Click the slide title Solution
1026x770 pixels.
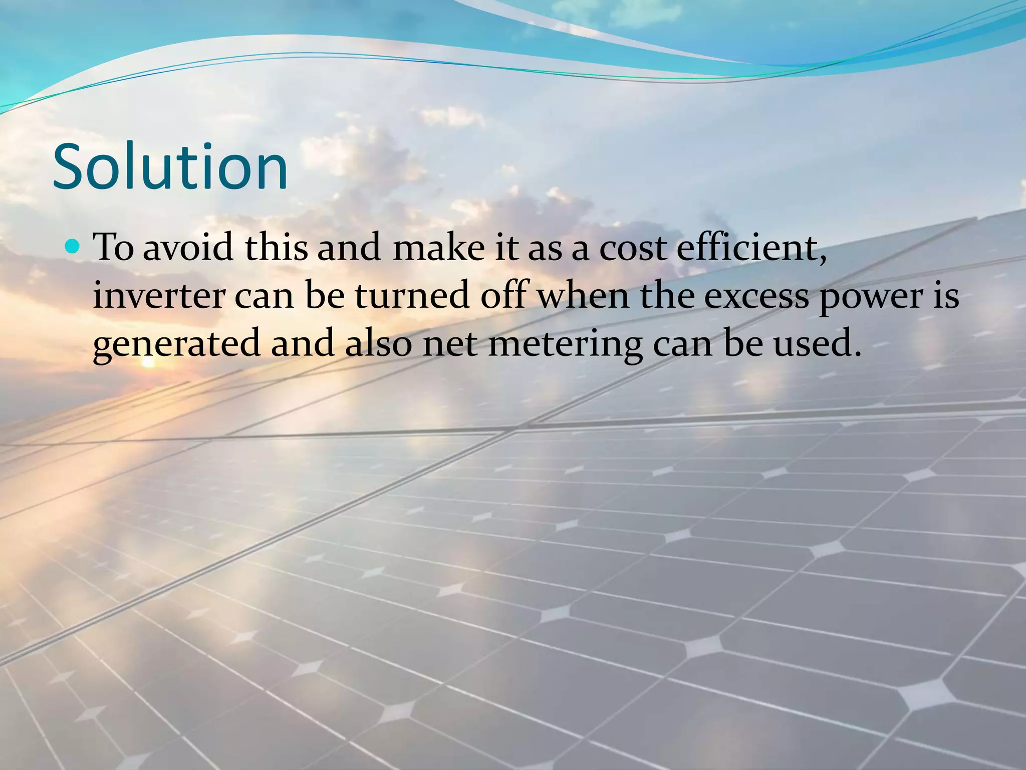coord(170,166)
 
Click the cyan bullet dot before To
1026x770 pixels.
coord(73,246)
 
